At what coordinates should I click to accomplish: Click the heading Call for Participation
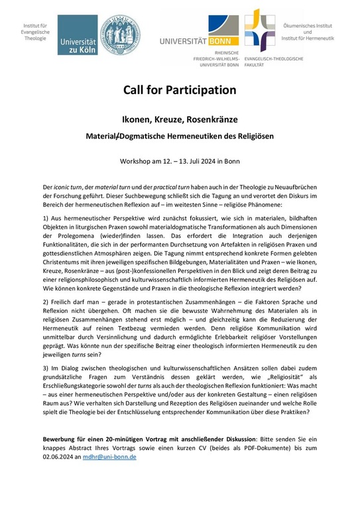[x=180, y=89]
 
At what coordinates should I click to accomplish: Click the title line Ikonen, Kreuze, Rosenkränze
[x=180, y=121]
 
